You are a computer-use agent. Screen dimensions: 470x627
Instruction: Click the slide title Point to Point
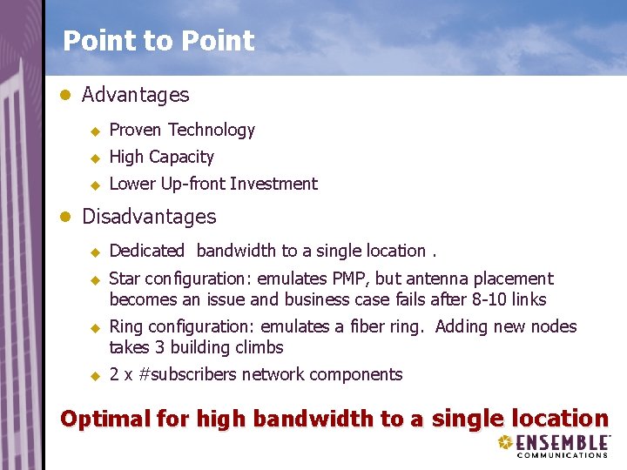click(158, 41)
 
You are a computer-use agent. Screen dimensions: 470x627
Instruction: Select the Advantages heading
click(135, 94)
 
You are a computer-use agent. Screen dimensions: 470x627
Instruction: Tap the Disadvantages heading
click(148, 216)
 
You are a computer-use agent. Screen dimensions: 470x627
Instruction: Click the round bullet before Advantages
click(64, 95)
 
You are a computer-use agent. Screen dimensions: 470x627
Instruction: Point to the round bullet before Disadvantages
click(64, 217)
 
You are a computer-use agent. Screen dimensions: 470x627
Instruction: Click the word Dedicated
click(146, 251)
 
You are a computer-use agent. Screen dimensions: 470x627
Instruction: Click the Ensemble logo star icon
click(506, 442)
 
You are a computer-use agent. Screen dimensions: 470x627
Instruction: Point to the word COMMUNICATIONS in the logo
click(563, 454)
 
